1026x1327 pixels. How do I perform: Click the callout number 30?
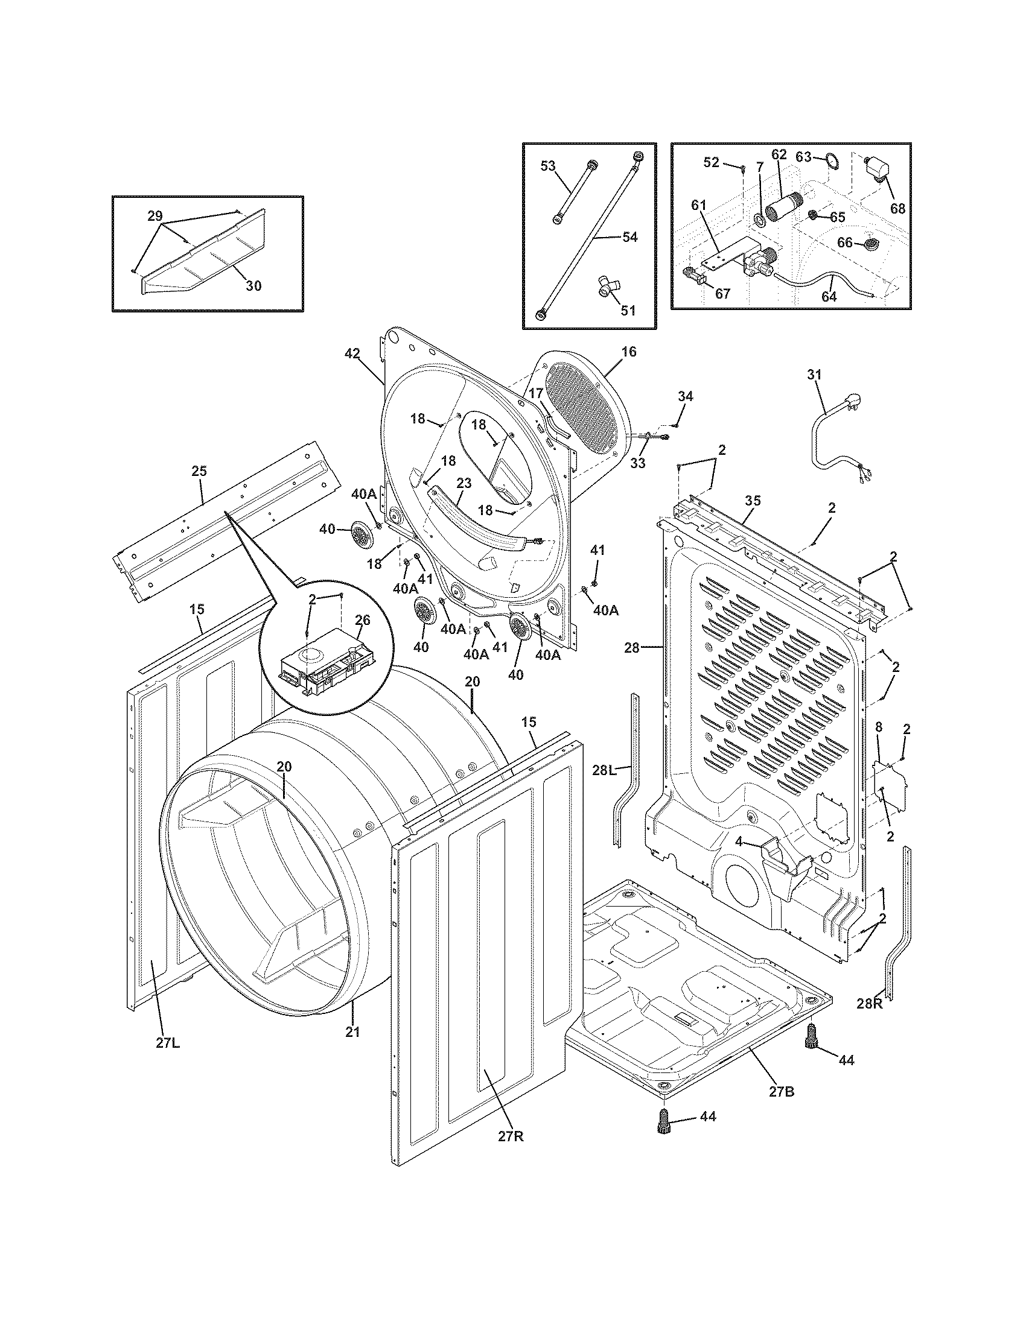[x=253, y=285]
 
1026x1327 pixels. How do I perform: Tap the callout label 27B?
[x=781, y=1092]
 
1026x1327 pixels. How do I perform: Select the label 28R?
[x=869, y=1004]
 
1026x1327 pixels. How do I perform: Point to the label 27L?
[x=168, y=1045]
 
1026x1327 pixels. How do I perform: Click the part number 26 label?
[x=362, y=620]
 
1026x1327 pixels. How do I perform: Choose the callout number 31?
[x=814, y=375]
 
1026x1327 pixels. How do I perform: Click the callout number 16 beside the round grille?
[x=629, y=351]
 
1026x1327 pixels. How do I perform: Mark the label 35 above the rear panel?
[x=753, y=501]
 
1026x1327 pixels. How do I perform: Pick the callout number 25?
[x=199, y=471]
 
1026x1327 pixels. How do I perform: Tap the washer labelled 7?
[x=759, y=220]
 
